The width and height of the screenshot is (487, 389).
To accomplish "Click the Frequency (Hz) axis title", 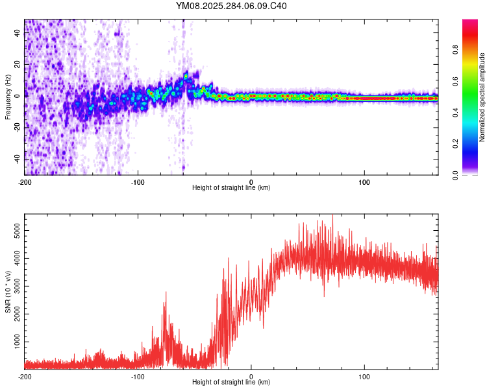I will coord(8,97).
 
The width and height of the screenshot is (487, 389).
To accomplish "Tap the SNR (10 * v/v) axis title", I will coord(8,291).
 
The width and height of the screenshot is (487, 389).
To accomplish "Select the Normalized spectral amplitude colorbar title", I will coord(482,97).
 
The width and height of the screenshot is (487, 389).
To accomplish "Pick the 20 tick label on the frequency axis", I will coord(17,65).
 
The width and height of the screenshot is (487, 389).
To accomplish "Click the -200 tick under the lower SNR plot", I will coord(25,376).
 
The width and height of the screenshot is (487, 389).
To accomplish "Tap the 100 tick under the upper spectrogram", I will coord(364,182).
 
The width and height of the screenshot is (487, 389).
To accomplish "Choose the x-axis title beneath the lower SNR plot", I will coord(231,383).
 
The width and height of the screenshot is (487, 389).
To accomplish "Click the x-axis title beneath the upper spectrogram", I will coord(231,188).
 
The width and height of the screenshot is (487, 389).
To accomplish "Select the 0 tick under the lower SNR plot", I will coord(251,376).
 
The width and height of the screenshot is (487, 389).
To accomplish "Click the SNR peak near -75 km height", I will coord(166,293).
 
